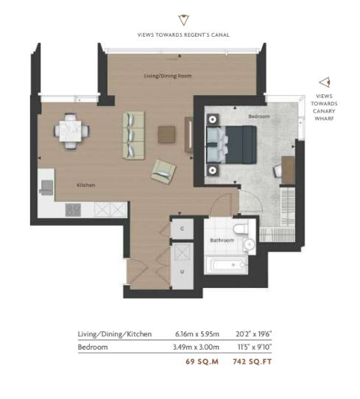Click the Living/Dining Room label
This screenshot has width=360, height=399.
[168, 76]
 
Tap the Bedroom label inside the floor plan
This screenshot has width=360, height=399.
[259, 116]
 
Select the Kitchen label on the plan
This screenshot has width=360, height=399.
[86, 185]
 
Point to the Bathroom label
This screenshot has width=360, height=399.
[222, 240]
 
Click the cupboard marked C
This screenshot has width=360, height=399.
[182, 228]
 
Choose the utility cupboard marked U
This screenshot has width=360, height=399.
[182, 266]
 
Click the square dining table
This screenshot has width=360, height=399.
[71, 131]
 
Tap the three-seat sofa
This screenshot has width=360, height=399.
[133, 135]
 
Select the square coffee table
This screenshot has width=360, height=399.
[166, 135]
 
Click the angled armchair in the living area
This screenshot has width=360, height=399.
[163, 172]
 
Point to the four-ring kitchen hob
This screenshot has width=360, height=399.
[73, 210]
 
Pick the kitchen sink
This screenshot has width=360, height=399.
[47, 188]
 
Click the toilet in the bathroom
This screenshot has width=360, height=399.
[240, 228]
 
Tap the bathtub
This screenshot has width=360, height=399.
[226, 266]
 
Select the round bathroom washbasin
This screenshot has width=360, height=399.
[250, 244]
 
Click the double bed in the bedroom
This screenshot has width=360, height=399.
[231, 144]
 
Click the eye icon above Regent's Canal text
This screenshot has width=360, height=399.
[183, 20]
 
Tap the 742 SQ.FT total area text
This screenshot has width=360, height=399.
[252, 361]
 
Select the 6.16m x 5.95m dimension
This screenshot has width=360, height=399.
[197, 334]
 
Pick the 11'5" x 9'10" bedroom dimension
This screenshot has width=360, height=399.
[255, 347]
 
